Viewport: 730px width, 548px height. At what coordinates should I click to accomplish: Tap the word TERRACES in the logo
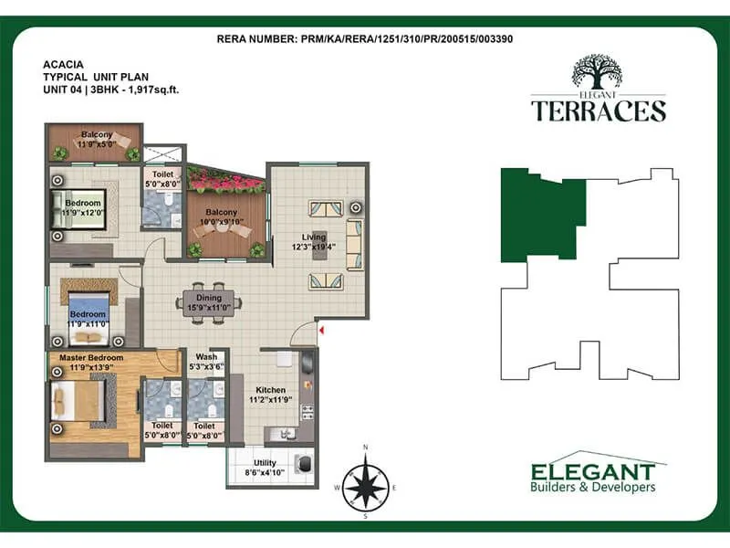coord(599,111)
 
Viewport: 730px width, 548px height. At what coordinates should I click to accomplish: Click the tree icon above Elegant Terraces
coord(599,71)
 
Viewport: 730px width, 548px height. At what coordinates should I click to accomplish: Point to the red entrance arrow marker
coord(320,327)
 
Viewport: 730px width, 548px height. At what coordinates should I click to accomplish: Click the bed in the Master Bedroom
coord(79,400)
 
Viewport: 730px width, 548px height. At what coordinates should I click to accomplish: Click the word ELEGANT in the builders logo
coord(593,471)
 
